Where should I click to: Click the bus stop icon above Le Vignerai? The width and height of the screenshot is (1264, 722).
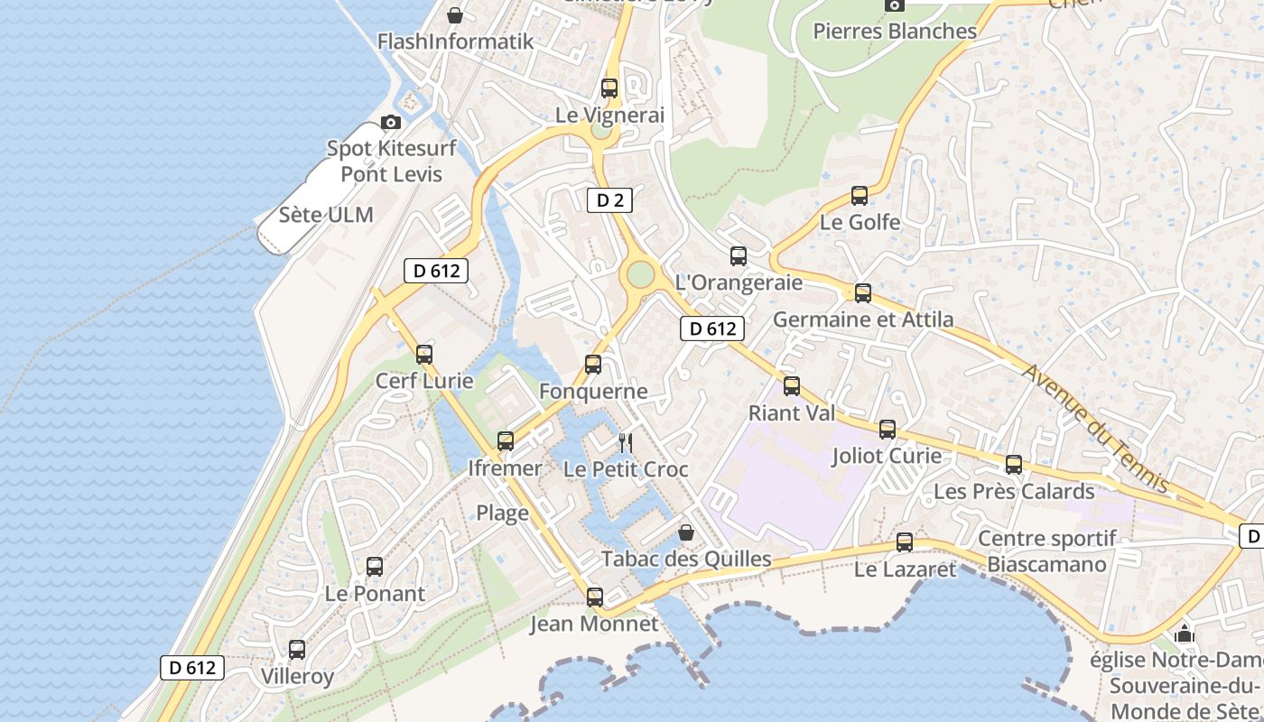pos(609,88)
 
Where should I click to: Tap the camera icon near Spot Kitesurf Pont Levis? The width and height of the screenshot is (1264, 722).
pos(391,122)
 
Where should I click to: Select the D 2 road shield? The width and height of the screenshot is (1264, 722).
pos(610,200)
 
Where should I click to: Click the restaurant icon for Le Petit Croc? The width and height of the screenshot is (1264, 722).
pos(625,443)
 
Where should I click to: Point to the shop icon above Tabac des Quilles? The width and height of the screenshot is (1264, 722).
pos(686,532)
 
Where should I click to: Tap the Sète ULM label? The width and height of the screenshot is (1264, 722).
pos(326,215)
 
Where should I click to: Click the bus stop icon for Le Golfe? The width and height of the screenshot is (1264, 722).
pos(860,196)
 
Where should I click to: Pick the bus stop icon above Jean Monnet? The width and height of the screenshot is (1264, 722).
pos(594,597)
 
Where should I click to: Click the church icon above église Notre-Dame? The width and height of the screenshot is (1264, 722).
pos(1185,634)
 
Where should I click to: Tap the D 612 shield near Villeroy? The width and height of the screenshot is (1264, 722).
pos(192,668)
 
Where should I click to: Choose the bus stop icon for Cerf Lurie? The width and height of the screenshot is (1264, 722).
pos(424,355)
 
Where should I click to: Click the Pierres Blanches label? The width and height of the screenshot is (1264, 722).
pos(895,31)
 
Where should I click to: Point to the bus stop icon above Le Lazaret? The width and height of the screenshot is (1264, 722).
pos(905,542)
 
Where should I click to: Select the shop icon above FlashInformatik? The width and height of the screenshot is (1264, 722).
pos(456,15)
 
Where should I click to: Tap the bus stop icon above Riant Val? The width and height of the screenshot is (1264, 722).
pos(792,386)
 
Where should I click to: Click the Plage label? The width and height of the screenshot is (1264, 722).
pos(502,514)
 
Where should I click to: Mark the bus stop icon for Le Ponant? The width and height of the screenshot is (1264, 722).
pos(375,567)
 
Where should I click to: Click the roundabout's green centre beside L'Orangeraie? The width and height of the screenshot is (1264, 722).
pos(640,273)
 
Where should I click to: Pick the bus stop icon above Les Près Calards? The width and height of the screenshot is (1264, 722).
pos(1014,465)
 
